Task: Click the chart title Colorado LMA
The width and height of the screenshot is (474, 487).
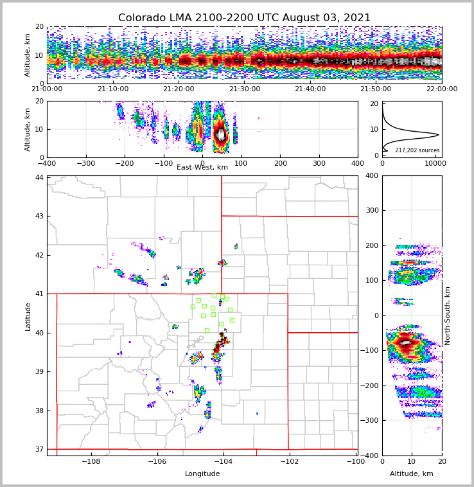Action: point(244,18)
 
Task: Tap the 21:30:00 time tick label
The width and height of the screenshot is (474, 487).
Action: point(244,89)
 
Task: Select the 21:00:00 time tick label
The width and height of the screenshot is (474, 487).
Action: point(47,89)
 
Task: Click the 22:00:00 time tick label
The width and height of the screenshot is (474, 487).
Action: point(441,89)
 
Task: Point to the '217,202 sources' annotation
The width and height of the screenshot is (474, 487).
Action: point(417,150)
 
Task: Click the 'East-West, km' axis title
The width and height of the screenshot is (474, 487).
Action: point(202,168)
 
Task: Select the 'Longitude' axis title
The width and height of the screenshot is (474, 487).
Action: point(202,474)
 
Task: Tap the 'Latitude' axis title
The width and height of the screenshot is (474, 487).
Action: point(28,316)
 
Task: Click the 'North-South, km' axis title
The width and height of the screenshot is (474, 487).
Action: point(447,316)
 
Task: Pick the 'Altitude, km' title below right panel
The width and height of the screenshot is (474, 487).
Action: point(412,474)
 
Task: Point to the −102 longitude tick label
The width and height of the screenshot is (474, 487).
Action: point(288,462)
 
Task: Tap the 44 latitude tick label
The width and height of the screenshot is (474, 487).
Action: point(39,177)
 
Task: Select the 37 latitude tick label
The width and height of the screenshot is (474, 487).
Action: point(39,449)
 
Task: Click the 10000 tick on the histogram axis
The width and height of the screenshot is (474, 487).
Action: point(435,164)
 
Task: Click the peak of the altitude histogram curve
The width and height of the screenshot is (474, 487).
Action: point(439,134)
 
